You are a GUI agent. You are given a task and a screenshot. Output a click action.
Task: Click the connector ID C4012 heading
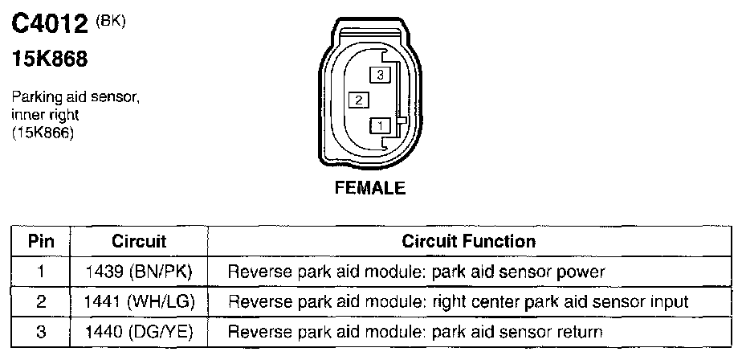(x=50, y=25)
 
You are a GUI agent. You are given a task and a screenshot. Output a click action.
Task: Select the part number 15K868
(x=50, y=59)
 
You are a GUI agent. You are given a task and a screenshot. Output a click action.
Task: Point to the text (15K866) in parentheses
(x=43, y=134)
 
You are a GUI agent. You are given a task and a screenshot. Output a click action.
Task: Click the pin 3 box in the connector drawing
(x=380, y=75)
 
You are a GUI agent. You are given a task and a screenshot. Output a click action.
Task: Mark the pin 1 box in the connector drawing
(x=380, y=125)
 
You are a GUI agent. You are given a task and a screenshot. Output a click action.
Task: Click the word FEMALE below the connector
(x=370, y=190)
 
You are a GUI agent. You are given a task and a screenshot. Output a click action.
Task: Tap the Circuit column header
(x=139, y=241)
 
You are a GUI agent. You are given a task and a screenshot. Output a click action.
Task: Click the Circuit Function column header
(x=468, y=241)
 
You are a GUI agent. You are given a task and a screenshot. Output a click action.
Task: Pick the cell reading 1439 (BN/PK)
(x=139, y=272)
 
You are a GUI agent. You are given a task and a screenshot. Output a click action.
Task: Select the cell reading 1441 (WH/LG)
(x=139, y=302)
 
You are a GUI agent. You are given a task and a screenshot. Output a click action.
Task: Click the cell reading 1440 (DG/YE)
(x=139, y=331)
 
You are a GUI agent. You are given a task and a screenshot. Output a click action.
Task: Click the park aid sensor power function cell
(x=416, y=272)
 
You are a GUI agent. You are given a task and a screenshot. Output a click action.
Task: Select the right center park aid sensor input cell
(x=458, y=302)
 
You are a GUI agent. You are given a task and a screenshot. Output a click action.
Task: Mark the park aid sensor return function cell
(x=416, y=331)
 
